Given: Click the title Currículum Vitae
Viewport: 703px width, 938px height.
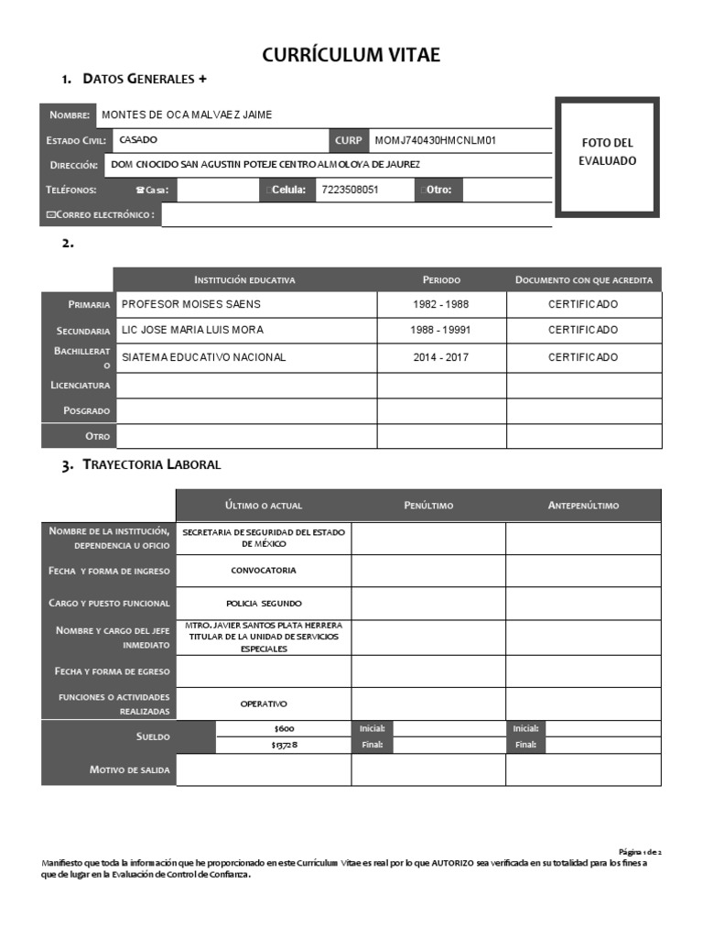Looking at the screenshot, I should coord(351,55).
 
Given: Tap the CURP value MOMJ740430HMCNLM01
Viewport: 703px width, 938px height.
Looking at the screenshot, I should coord(435,140).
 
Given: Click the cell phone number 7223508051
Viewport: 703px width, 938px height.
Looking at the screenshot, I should coord(351,191).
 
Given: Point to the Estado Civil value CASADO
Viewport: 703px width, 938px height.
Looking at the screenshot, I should coord(138,140).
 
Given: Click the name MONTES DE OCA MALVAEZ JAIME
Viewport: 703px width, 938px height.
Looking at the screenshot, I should coord(186,115).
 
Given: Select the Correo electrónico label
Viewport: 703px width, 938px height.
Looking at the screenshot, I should coord(100,214).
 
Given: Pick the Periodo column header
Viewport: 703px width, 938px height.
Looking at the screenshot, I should coord(441,279).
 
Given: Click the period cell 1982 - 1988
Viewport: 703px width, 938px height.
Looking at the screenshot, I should coord(441,304).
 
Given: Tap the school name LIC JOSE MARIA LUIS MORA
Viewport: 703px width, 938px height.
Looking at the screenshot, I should coord(192,330).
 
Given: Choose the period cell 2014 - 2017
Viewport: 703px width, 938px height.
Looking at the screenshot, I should coord(441,357).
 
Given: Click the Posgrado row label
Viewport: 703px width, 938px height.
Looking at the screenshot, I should coord(86,410).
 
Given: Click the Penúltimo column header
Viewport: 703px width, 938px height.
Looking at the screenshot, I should coord(428,506).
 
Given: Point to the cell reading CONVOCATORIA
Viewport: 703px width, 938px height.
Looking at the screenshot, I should coord(264,571).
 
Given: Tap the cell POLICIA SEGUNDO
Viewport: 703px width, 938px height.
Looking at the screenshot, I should coord(264,604).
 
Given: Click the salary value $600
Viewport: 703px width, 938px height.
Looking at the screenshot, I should coord(284,728).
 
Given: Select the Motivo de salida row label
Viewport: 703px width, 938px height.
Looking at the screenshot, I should coord(129,769).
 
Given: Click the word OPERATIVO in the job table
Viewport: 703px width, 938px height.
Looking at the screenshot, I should coord(264,703).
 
